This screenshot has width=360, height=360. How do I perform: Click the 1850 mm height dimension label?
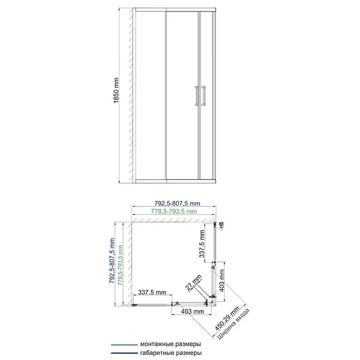[116, 90]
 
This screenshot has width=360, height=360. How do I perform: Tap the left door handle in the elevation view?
[196, 96]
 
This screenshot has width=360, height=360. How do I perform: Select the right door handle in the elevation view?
[203, 96]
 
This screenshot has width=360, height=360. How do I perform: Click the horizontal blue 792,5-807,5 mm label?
[177, 203]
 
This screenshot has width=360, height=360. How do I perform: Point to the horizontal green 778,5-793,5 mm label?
[174, 211]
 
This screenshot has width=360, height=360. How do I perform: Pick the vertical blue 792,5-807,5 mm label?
[112, 261]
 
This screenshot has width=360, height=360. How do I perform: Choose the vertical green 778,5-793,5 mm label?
[120, 265]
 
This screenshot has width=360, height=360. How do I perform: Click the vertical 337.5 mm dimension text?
[202, 244]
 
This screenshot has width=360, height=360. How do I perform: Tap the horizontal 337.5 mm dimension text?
[152, 292]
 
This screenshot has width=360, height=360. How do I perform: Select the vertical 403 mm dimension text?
[222, 280]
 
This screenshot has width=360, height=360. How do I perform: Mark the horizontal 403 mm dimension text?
[193, 311]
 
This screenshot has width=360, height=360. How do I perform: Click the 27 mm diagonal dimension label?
[193, 282]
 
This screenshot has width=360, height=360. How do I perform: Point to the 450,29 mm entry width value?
[227, 318]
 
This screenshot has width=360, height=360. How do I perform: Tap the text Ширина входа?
[233, 324]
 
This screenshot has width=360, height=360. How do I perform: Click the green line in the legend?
[124, 345]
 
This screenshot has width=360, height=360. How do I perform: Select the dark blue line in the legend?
[124, 353]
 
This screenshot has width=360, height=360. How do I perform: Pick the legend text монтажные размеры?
[171, 344]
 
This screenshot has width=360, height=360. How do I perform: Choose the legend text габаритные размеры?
[171, 353]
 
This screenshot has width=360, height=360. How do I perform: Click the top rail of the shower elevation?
[176, 10]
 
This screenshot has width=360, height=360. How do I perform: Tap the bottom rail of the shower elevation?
[176, 181]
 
